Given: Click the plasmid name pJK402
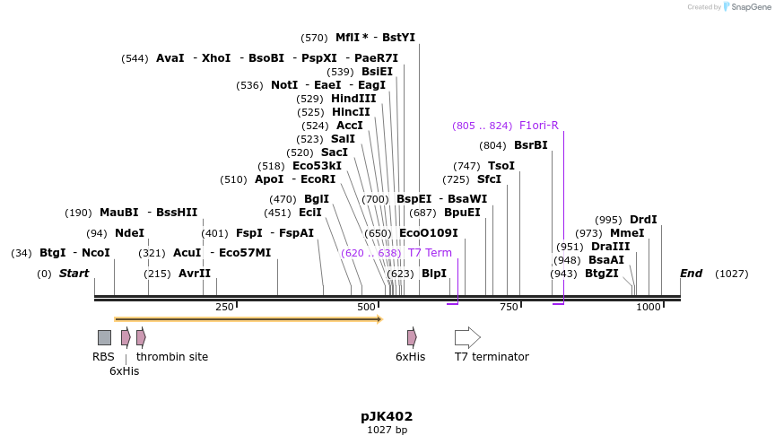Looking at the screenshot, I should (387, 416).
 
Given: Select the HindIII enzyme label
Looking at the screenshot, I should (353, 99).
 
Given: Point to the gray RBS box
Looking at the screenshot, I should (104, 337).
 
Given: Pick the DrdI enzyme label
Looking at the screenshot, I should (643, 220).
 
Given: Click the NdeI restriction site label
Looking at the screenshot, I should (129, 233).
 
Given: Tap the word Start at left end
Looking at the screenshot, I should (74, 274).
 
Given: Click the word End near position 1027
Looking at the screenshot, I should (691, 274).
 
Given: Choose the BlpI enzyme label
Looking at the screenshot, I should (433, 274).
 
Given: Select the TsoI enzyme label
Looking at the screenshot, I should (501, 166).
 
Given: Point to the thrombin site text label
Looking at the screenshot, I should (172, 357).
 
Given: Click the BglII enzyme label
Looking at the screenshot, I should (316, 199).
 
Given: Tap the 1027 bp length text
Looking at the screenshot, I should (387, 431).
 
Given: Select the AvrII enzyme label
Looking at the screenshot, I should (194, 274).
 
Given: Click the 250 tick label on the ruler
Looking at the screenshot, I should (224, 308).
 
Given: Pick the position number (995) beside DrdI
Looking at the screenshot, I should (608, 220).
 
